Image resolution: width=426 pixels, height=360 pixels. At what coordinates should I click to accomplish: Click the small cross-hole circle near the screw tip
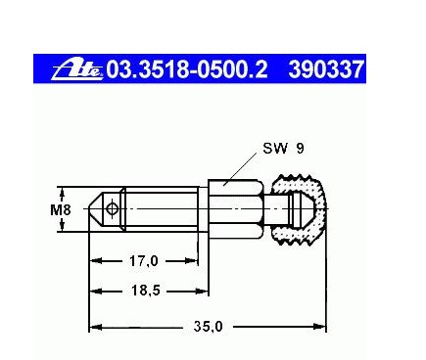(x=114, y=208)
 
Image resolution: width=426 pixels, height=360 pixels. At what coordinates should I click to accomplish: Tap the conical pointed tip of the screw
(x=97, y=208)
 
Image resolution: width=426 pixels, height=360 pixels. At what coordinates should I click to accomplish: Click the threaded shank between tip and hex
(x=166, y=208)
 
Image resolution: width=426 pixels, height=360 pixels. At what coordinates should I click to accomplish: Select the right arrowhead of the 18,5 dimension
(x=204, y=291)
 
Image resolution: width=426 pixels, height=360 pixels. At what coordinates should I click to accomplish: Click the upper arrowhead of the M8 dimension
(x=61, y=190)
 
